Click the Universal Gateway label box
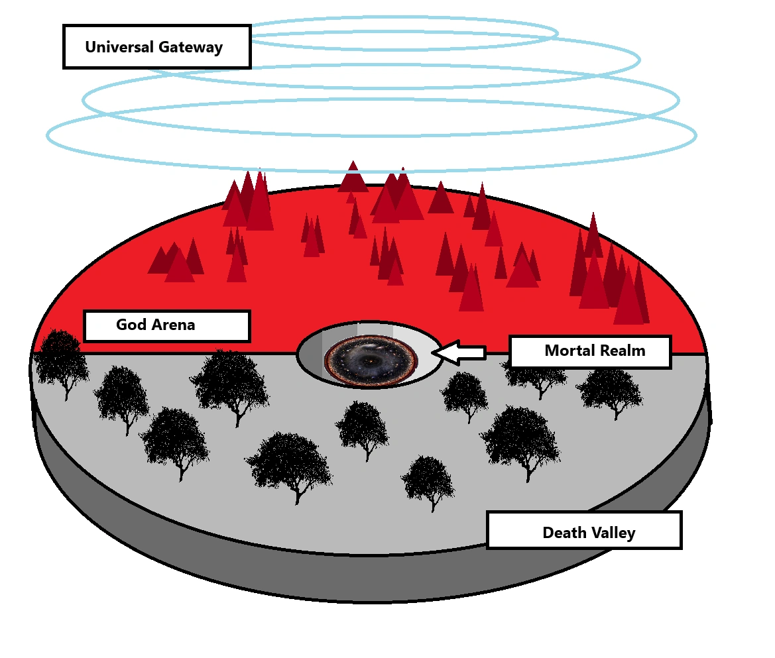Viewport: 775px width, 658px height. [156, 47]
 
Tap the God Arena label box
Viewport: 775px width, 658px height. [166, 326]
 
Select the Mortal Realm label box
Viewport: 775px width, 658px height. [590, 351]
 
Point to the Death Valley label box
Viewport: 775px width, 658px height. [584, 530]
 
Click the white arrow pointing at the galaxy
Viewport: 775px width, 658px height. [460, 353]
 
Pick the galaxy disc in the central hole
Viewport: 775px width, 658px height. [371, 361]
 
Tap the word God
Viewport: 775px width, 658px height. [130, 325]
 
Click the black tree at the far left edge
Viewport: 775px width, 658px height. [60, 361]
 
